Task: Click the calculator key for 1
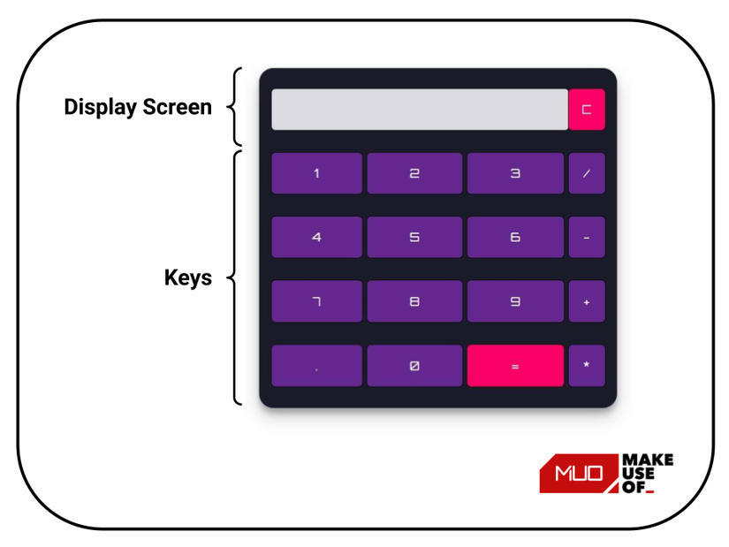coord(316,173)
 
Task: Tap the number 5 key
coord(414,237)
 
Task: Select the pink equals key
coord(515,366)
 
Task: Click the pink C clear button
coord(587,110)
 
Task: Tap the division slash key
coord(587,173)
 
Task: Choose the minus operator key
coord(587,237)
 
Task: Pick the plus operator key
coord(587,301)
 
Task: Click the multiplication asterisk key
coord(587,366)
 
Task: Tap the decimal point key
coord(316,366)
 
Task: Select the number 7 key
coord(316,301)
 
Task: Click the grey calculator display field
coord(420,110)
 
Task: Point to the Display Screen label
coord(138,108)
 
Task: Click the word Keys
coord(188,277)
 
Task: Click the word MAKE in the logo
coord(648,460)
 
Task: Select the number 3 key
coord(515,173)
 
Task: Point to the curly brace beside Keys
coord(236,277)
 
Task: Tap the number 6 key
coord(515,237)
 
